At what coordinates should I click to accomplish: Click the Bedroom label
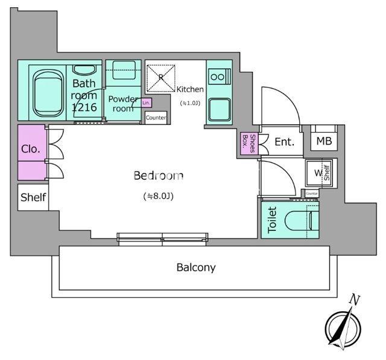pos(158,176)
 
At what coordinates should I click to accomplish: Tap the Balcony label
pos(196,267)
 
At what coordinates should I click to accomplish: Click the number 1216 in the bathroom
pos(84,107)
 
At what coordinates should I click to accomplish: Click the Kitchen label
pos(190,89)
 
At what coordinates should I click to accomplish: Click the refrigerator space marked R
pos(160,77)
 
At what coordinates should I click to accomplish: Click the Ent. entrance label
pos(284,142)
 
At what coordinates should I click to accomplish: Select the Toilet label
pos(271,220)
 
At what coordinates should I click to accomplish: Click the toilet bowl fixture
pos(299,222)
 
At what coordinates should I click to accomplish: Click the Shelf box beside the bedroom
pos(33,197)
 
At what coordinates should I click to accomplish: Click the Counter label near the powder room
pos(156,118)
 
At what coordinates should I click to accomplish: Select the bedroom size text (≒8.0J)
pos(158,195)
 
